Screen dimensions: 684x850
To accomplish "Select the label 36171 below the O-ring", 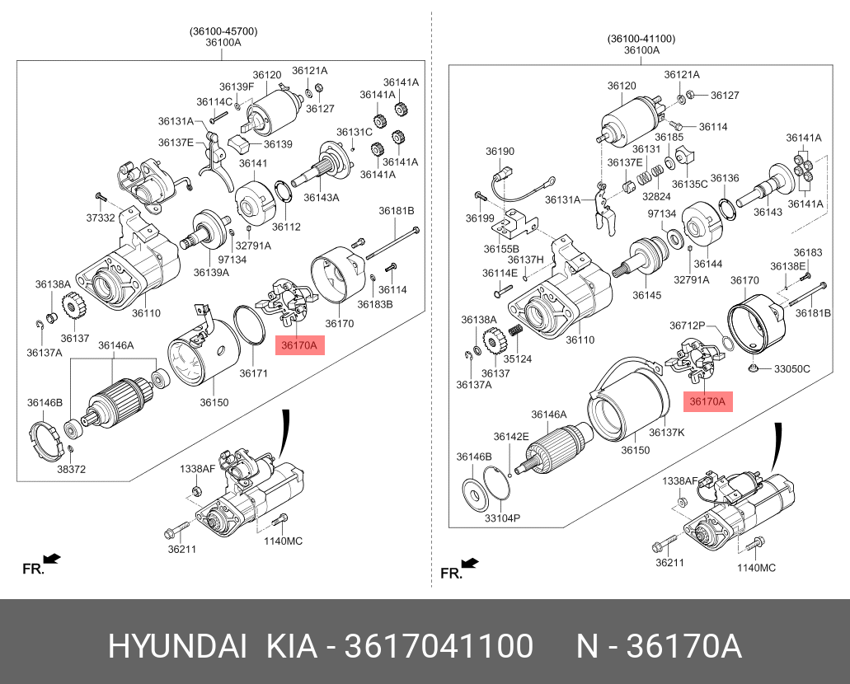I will (x=254, y=373).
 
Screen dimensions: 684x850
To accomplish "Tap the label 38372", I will (x=72, y=469).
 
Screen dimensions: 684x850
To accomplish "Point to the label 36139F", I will (x=237, y=87).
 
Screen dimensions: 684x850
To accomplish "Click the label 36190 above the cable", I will (x=500, y=152).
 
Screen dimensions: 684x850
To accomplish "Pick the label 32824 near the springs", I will (x=656, y=198).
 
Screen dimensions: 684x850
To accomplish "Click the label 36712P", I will (x=688, y=326).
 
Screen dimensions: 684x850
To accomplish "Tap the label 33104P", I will (x=502, y=518).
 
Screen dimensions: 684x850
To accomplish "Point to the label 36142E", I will (x=511, y=437).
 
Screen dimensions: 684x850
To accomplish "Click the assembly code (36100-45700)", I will (x=223, y=31).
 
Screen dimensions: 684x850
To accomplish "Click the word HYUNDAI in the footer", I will (x=177, y=648).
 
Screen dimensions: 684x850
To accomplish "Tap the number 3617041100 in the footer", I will (x=437, y=648).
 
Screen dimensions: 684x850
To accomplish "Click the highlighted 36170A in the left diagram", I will (x=300, y=345).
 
